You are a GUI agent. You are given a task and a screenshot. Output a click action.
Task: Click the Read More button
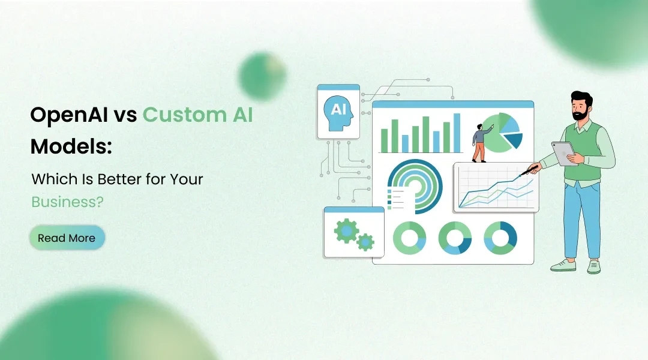[67, 238]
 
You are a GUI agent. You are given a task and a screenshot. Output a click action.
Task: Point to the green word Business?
[67, 202]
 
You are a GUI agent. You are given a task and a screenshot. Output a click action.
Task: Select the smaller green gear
[365, 242]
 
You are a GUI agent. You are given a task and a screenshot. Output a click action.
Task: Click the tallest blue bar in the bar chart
[457, 133]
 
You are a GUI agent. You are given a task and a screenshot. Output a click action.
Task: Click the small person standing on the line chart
[479, 143]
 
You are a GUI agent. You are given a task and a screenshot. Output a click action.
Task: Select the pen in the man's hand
[529, 170]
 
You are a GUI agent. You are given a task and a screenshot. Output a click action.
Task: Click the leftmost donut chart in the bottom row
[409, 238]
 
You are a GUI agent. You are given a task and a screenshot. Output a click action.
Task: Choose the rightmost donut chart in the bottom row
[500, 238]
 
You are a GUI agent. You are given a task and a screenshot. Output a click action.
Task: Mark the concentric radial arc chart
[415, 185]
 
